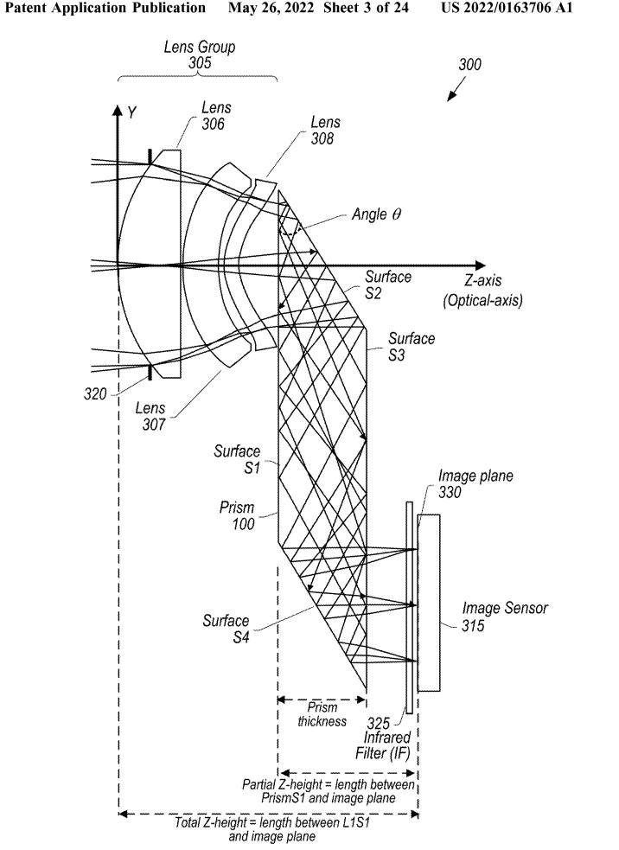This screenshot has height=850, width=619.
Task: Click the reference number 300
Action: point(469,65)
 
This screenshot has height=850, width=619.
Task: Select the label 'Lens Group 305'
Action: point(199,54)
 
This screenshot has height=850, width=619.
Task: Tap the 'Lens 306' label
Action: point(213,116)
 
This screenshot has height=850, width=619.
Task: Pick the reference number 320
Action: point(95,394)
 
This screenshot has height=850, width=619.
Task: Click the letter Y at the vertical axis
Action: point(132,113)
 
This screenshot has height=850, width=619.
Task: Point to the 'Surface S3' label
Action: point(412,347)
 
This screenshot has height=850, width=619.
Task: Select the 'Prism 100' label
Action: point(237,516)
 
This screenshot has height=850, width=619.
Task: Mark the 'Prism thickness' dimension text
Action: point(322,715)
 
